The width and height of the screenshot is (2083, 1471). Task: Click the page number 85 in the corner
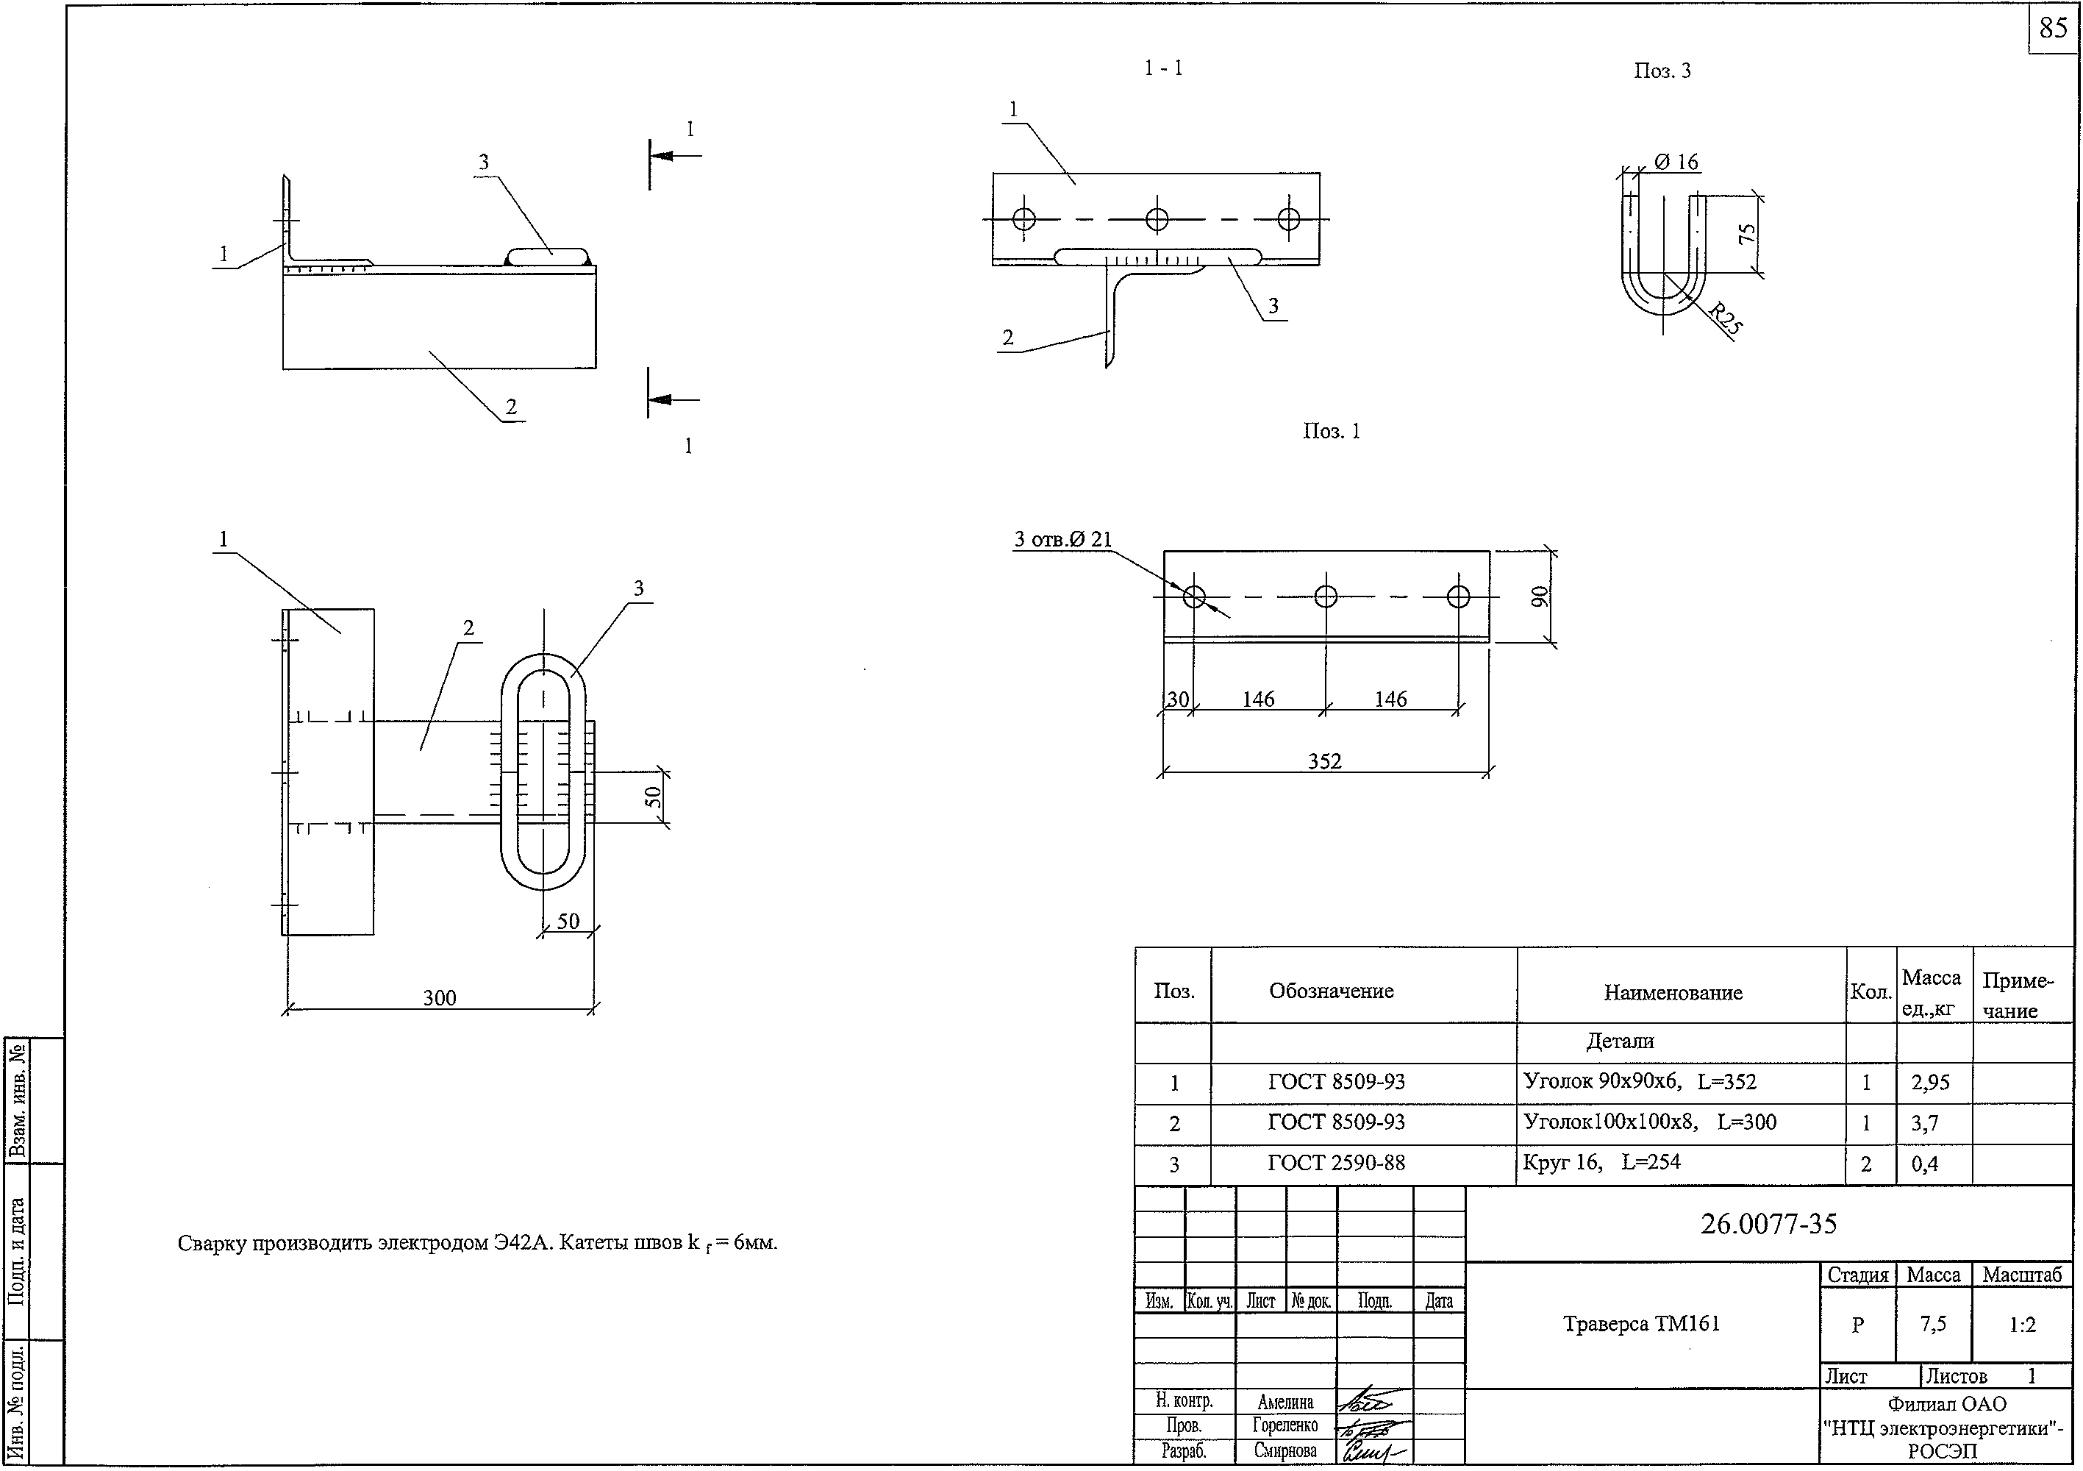point(2052,28)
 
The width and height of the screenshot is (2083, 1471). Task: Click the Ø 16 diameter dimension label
point(1676,163)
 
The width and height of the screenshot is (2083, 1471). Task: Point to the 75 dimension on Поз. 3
point(1746,233)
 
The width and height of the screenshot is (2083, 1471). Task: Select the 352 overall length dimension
point(1324,761)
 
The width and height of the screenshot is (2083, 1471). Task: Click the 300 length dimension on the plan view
point(440,997)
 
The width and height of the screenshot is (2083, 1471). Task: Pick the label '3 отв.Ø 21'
point(1062,539)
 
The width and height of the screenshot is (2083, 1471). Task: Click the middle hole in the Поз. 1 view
point(1326,596)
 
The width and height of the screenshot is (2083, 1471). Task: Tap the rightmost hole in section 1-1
point(1288,218)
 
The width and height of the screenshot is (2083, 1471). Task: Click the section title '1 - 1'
point(1163,68)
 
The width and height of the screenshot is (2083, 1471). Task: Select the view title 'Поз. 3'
point(1662,71)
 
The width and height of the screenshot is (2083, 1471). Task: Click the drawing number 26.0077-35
point(1768,1223)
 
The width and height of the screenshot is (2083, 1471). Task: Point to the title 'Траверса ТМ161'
point(1641,1323)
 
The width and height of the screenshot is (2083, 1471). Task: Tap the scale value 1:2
point(2022,1325)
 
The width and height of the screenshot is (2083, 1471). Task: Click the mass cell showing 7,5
point(1932,1325)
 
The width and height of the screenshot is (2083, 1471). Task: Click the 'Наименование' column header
point(1673,992)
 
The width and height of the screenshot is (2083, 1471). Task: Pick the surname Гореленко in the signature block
point(1285,1425)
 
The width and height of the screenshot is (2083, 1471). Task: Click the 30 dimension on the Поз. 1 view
point(1178,699)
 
